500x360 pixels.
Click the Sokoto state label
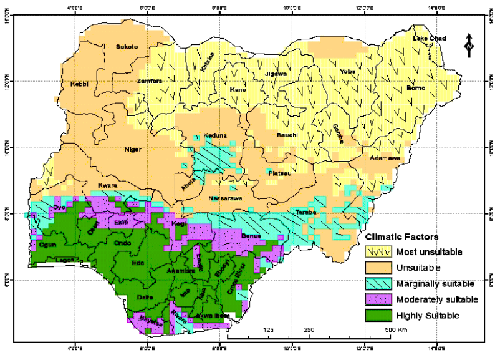(x=127, y=47)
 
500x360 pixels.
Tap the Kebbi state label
(x=81, y=84)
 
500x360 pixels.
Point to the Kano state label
(x=238, y=90)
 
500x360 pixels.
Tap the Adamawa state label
(x=383, y=158)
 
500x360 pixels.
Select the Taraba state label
(x=307, y=212)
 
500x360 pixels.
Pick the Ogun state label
(x=48, y=245)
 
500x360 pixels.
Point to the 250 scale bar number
(x=309, y=329)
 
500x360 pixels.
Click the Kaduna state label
(x=215, y=136)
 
